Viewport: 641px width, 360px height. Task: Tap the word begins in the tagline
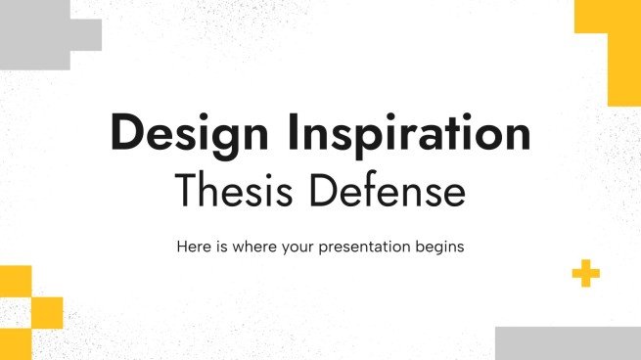coord(439,247)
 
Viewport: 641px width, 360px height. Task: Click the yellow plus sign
coord(586,275)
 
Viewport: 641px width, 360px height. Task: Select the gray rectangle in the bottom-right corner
coord(568,343)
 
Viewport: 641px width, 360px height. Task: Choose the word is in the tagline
coord(220,247)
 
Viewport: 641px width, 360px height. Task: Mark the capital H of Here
coord(182,247)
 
